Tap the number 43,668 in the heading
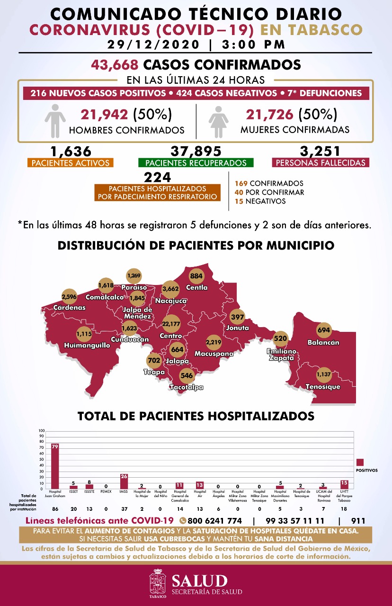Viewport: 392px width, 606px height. point(116,64)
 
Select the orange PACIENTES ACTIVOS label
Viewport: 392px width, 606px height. point(71,163)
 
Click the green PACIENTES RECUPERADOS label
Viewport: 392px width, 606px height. point(196,163)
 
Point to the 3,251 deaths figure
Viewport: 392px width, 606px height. point(321,151)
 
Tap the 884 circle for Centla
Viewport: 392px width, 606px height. point(196,276)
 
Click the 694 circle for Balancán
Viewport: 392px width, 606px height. point(324,330)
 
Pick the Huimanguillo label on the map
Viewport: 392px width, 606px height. point(87,346)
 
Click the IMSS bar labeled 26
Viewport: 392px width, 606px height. point(125,481)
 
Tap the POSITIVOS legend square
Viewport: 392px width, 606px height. point(360,462)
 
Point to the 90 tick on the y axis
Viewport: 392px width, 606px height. point(42,436)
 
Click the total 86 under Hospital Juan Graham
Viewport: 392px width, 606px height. point(55,508)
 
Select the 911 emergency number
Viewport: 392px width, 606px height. point(358,520)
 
